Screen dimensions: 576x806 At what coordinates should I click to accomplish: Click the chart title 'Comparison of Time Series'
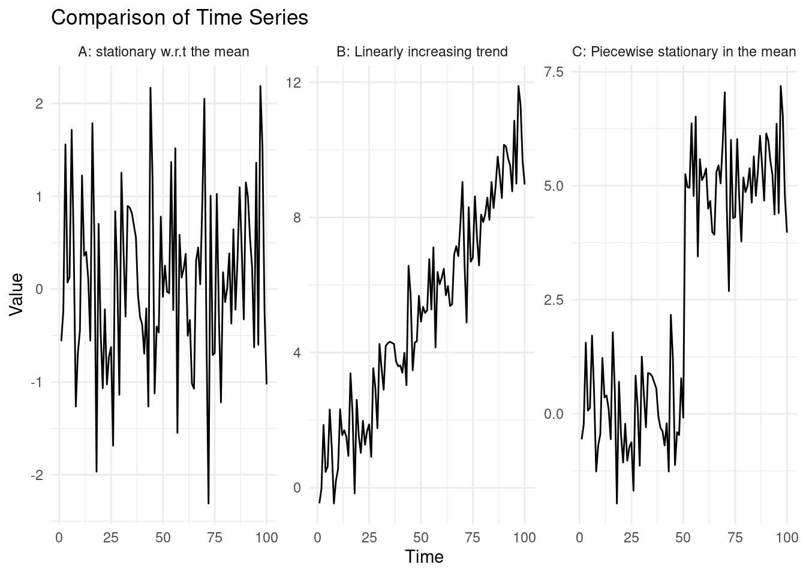pos(179,18)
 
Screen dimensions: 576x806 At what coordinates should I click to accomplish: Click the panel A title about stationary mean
pos(163,52)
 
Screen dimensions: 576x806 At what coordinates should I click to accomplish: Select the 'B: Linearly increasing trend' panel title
pos(422,52)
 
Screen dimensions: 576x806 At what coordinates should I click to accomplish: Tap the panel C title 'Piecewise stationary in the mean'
pos(684,52)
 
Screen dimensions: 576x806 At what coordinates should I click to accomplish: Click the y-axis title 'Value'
pos(16,294)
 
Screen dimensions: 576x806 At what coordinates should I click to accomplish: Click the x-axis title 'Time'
pos(424,557)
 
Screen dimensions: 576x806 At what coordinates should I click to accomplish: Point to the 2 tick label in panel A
pos(39,104)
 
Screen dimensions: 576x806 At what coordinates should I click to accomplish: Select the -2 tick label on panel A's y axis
pos(37,475)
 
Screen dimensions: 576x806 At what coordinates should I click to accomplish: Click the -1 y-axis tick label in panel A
pos(37,382)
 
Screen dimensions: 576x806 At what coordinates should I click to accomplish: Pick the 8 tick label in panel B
pos(297,218)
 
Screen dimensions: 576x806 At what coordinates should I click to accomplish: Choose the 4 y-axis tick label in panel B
pos(297,353)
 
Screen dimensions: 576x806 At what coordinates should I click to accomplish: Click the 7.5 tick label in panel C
pos(554,72)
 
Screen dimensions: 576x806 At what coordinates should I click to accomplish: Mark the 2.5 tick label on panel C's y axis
pos(554,299)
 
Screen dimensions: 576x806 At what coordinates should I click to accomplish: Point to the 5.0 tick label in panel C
pos(554,185)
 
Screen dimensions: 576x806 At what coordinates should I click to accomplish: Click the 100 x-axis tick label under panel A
pos(266,538)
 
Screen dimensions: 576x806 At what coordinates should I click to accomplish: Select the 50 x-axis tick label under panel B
pos(421,538)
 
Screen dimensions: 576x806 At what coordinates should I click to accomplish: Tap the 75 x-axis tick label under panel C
pos(735,538)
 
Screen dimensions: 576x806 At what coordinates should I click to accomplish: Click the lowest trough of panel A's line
pos(208,503)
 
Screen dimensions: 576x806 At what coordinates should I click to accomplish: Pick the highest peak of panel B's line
pos(518,86)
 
